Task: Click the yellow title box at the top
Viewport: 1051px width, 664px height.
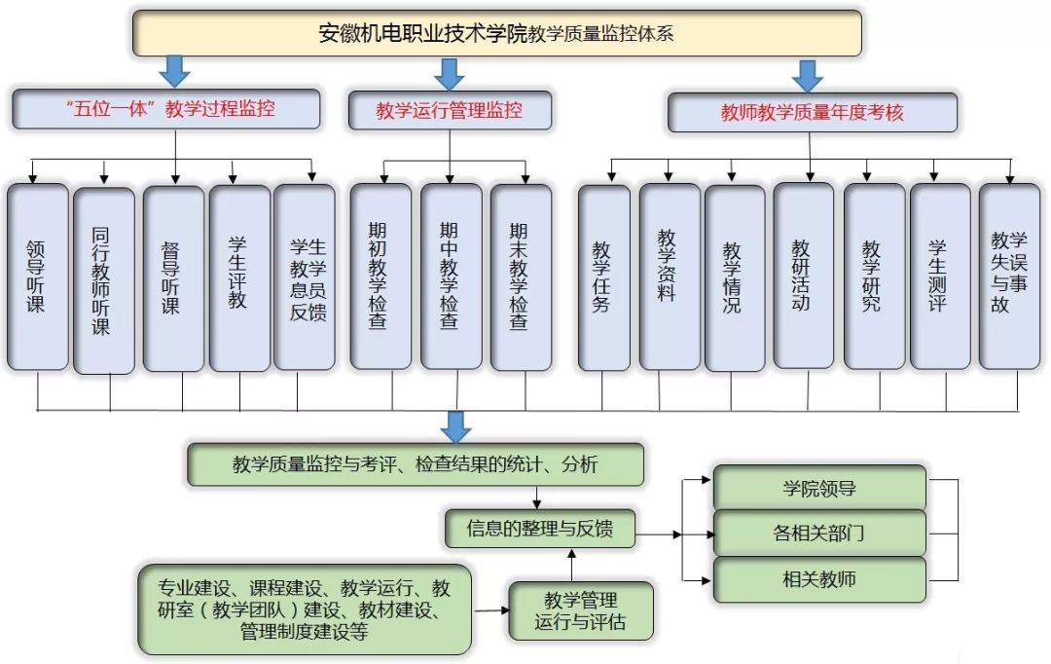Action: (496, 33)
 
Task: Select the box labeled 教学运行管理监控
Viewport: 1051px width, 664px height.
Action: (450, 110)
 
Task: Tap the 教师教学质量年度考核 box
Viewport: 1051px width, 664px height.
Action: (812, 112)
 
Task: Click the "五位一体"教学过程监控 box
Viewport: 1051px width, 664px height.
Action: (166, 109)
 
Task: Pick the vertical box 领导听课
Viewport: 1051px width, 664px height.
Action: (38, 277)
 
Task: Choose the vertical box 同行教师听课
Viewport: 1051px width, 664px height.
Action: (103, 280)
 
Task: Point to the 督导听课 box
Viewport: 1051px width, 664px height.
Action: (173, 277)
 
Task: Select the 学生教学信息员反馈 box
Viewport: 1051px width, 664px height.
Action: (305, 277)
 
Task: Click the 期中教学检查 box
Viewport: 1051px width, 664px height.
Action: (451, 277)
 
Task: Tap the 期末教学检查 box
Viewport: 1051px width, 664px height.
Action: (521, 277)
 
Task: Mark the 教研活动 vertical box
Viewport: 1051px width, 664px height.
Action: (803, 276)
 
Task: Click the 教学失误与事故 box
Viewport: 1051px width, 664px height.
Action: (1009, 276)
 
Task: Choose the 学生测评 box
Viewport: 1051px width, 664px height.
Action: (940, 277)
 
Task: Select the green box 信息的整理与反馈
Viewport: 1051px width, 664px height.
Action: (540, 529)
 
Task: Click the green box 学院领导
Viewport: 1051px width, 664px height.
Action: (819, 487)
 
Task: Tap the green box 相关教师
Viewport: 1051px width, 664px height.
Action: (819, 580)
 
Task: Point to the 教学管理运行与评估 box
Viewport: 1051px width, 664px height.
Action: (580, 610)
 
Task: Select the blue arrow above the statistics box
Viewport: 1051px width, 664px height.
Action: (454, 425)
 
